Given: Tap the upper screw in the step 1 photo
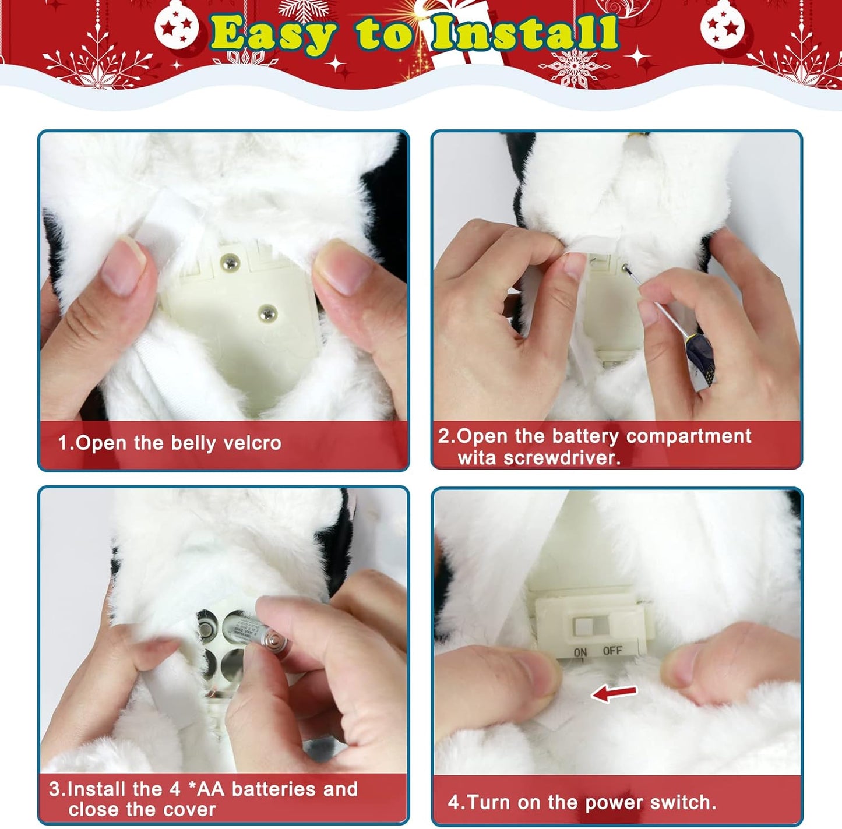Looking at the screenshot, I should (x=230, y=263).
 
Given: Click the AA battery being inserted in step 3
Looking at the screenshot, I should (x=256, y=636).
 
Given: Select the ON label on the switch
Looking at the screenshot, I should (x=580, y=652).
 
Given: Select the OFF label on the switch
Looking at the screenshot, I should (x=612, y=651).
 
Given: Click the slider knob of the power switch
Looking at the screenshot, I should (x=583, y=627).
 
